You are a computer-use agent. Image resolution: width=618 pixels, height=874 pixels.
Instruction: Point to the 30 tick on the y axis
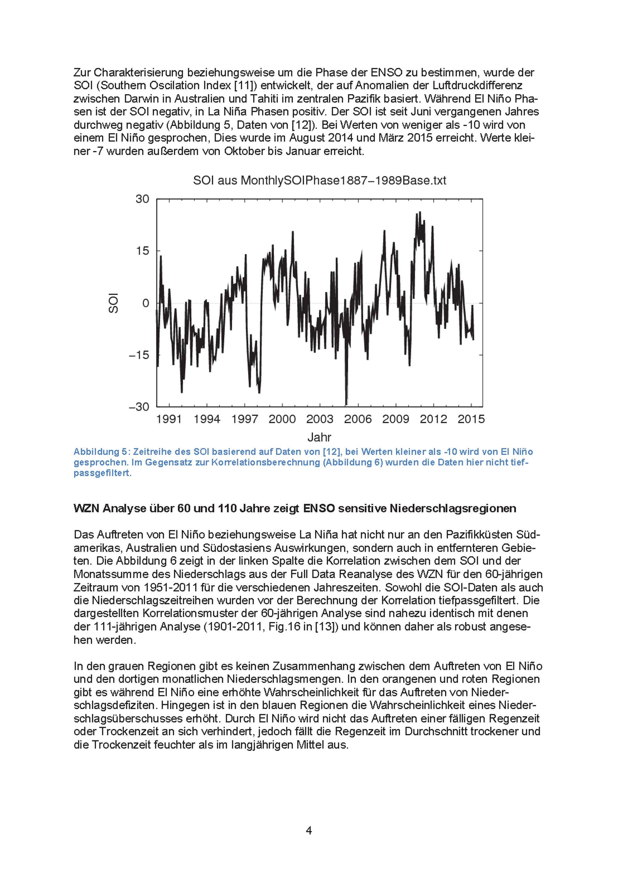click(142, 199)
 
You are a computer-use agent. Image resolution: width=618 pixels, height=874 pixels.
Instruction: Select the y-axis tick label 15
click(142, 251)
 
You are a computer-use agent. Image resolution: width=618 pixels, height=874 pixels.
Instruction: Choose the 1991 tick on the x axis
click(169, 419)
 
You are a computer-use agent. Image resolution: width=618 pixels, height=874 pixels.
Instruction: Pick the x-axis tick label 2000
click(282, 419)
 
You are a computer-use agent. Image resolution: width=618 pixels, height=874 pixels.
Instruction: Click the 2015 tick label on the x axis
click(471, 419)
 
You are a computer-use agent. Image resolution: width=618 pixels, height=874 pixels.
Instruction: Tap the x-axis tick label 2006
click(358, 419)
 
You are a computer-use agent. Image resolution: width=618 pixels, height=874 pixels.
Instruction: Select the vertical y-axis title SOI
click(113, 303)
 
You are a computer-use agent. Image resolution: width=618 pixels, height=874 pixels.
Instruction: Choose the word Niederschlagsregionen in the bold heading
click(453, 509)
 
